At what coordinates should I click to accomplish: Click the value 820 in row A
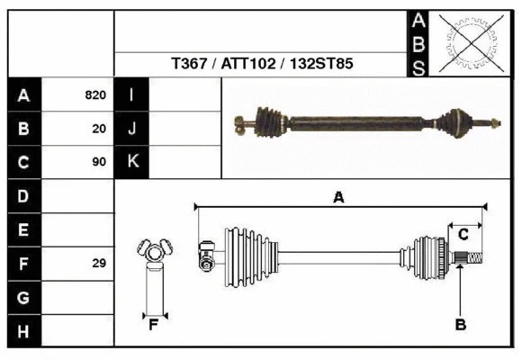point(96,94)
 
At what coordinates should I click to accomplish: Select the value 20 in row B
point(99,129)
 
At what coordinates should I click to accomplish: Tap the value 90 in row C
point(99,162)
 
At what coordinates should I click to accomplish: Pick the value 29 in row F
point(99,264)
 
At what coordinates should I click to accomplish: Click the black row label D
point(23,195)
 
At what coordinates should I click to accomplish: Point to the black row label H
point(23,332)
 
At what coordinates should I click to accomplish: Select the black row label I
point(131,94)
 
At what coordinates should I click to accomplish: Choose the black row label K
point(131,162)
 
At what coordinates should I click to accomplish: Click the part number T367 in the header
point(190,65)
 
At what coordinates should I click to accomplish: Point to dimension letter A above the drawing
point(339,197)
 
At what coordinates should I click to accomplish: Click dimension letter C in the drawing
point(463,235)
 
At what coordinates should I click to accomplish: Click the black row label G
point(23,297)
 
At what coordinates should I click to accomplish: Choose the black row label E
point(23,229)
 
